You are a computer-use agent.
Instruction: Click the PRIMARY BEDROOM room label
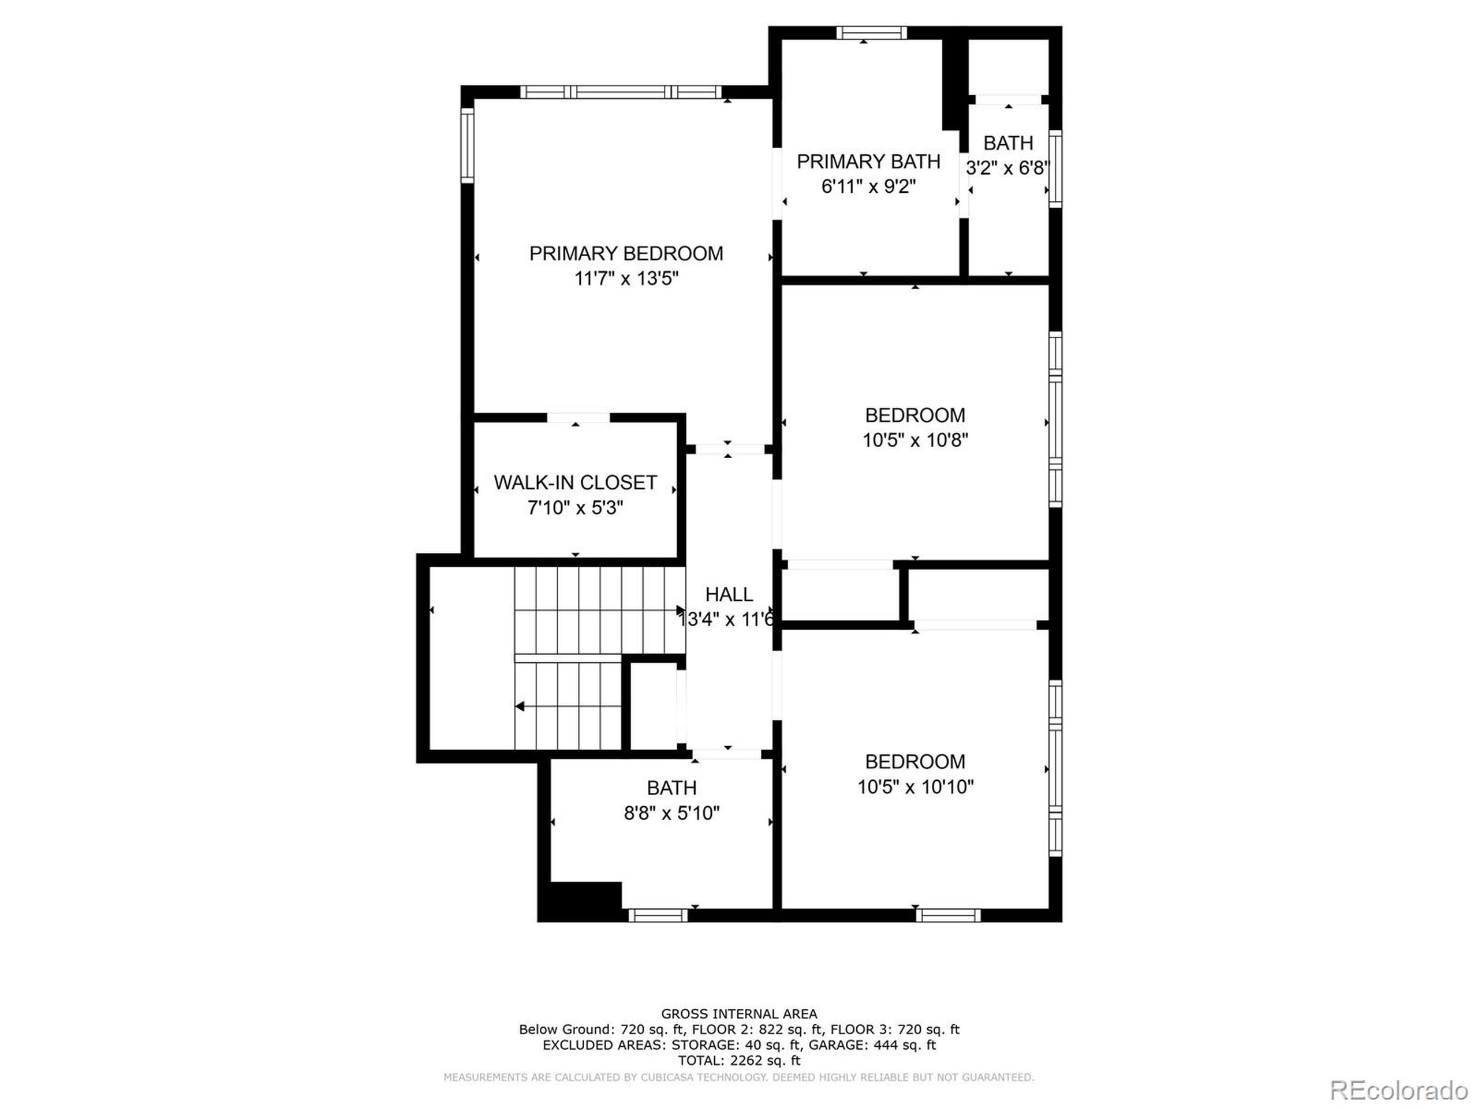[x=625, y=254]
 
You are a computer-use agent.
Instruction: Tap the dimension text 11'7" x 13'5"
[x=625, y=279]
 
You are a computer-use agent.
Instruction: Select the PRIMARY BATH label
[x=868, y=162]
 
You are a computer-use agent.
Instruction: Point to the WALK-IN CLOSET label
[x=574, y=483]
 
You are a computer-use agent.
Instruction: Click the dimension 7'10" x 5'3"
[x=574, y=508]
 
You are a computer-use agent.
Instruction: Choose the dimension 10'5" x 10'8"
[x=915, y=440]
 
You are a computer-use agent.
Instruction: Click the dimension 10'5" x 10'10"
[x=915, y=787]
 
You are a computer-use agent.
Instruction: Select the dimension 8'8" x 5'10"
[x=671, y=813]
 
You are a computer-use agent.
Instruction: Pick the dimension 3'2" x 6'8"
[x=1007, y=169]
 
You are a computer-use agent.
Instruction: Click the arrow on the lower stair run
[x=519, y=706]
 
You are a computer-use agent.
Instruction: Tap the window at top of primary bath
[x=871, y=33]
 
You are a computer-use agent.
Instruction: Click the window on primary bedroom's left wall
[x=468, y=145]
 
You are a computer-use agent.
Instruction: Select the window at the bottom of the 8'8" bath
[x=658, y=915]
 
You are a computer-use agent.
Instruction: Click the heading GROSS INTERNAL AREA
[x=738, y=1015]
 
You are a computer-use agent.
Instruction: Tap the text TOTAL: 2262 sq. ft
[x=738, y=1061]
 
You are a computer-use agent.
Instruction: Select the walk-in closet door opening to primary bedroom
[x=578, y=418]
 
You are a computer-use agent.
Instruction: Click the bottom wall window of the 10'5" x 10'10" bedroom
[x=947, y=915]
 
